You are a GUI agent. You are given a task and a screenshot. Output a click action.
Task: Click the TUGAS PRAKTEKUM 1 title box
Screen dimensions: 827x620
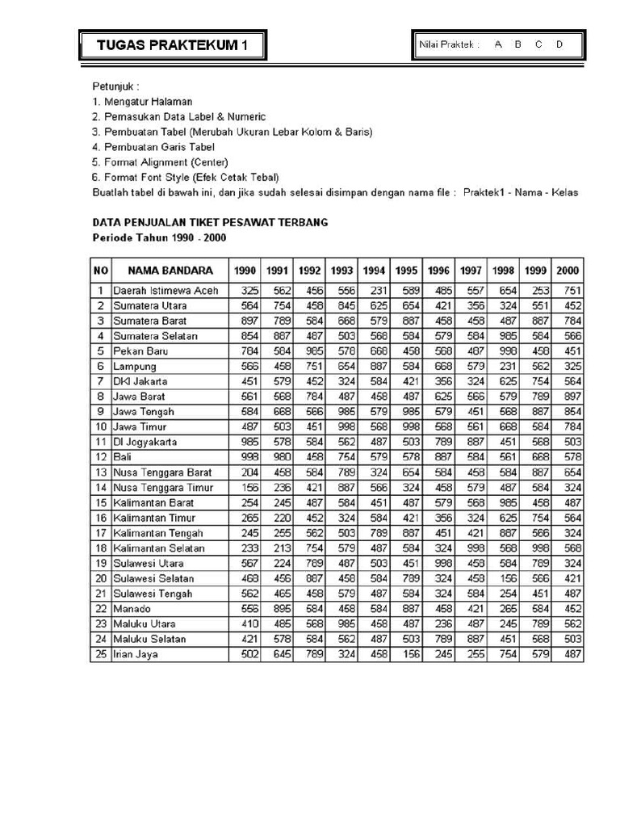click(172, 46)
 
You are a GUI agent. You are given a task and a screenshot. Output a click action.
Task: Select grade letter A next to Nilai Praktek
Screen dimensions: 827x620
click(498, 44)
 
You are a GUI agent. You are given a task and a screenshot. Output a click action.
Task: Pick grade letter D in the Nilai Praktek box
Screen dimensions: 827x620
click(559, 44)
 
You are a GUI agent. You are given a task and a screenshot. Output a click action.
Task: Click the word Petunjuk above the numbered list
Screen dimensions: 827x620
click(115, 86)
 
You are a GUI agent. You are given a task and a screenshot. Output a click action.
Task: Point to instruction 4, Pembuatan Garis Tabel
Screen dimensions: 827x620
click(153, 146)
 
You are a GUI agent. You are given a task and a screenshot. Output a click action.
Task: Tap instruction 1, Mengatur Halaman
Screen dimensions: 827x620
click(142, 101)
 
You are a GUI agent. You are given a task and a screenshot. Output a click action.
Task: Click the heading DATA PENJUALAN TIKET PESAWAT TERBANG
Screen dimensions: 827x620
click(210, 222)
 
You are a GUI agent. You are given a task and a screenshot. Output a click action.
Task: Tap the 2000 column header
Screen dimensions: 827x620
click(567, 271)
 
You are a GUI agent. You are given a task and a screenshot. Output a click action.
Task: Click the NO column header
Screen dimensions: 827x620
click(100, 271)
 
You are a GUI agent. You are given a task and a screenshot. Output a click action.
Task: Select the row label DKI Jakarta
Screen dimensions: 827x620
click(140, 381)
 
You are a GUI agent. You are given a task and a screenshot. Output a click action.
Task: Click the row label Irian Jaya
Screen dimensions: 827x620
click(136, 654)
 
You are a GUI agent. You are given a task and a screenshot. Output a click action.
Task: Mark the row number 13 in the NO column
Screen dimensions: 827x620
click(101, 472)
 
